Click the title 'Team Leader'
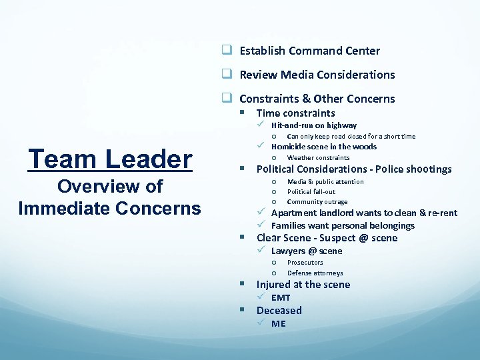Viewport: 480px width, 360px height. pyautogui.click(x=110, y=159)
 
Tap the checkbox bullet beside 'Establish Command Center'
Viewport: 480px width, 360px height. pyautogui.click(x=227, y=51)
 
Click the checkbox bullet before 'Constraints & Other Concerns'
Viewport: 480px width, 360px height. pyautogui.click(x=227, y=99)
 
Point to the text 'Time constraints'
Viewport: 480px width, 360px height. pyautogui.click(x=295, y=113)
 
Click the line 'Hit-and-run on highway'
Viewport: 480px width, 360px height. pyautogui.click(x=313, y=125)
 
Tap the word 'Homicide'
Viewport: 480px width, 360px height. pyautogui.click(x=291, y=147)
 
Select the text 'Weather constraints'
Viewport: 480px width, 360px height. pyautogui.click(x=318, y=158)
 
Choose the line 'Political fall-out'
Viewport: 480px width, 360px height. pyautogui.click(x=311, y=191)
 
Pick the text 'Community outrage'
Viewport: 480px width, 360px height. pyautogui.click(x=317, y=201)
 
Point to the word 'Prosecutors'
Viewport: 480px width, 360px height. pyautogui.click(x=305, y=263)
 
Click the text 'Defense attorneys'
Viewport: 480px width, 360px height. pyautogui.click(x=315, y=273)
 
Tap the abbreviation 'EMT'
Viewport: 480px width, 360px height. pyautogui.click(x=281, y=298)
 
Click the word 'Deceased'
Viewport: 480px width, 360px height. pyautogui.click(x=279, y=311)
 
